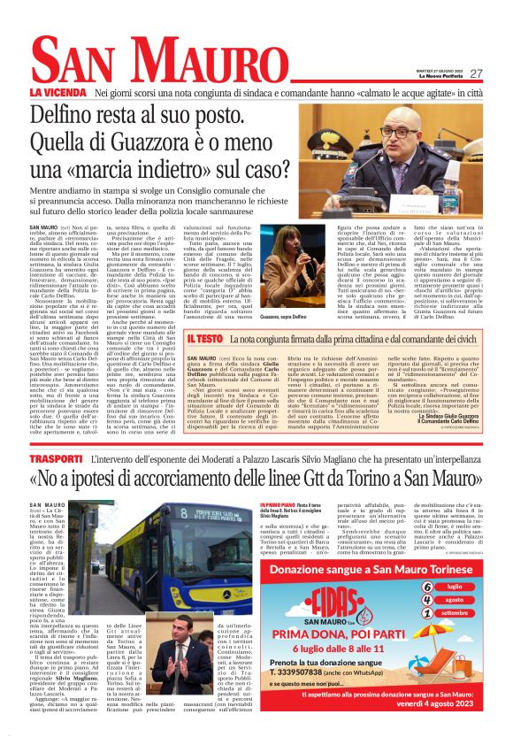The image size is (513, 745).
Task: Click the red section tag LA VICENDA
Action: click(x=58, y=92)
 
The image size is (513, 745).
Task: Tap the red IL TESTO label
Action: click(x=203, y=338)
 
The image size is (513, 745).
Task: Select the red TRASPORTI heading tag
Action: click(x=56, y=460)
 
